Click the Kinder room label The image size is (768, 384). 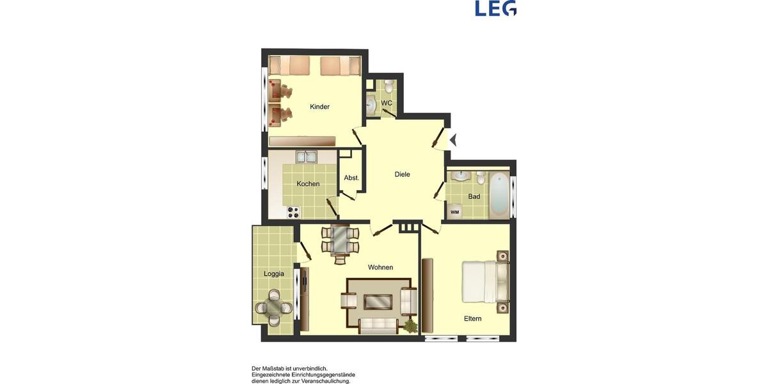pyautogui.click(x=319, y=107)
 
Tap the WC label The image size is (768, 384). pyautogui.click(x=387, y=103)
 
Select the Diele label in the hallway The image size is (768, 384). pyautogui.click(x=402, y=174)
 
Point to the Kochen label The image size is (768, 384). pyautogui.click(x=308, y=184)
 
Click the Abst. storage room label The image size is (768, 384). pyautogui.click(x=351, y=178)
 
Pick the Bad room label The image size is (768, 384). pyautogui.click(x=474, y=196)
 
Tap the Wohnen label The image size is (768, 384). pyautogui.click(x=380, y=267)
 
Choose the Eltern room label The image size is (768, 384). pyautogui.click(x=472, y=318)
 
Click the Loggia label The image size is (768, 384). pyautogui.click(x=273, y=274)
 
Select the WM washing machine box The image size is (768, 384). pyautogui.click(x=454, y=212)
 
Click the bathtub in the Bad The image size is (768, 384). pyautogui.click(x=500, y=193)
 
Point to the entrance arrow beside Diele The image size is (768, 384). pyautogui.click(x=453, y=140)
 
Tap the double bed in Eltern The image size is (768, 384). pyautogui.click(x=485, y=282)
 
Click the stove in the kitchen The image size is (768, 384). pyautogui.click(x=293, y=212)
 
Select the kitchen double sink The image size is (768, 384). pyautogui.click(x=305, y=157)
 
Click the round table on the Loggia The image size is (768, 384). pyautogui.click(x=273, y=307)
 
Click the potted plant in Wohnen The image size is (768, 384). pyautogui.click(x=410, y=326)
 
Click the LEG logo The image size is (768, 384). pyautogui.click(x=495, y=8)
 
